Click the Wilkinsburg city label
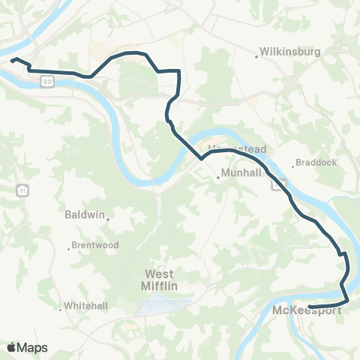(x=290, y=52)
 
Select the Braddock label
(x=317, y=161)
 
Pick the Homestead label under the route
(x=237, y=149)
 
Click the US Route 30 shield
(x=47, y=80)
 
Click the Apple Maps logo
(x=27, y=347)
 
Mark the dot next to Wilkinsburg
(x=256, y=53)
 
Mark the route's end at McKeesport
(x=310, y=304)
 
